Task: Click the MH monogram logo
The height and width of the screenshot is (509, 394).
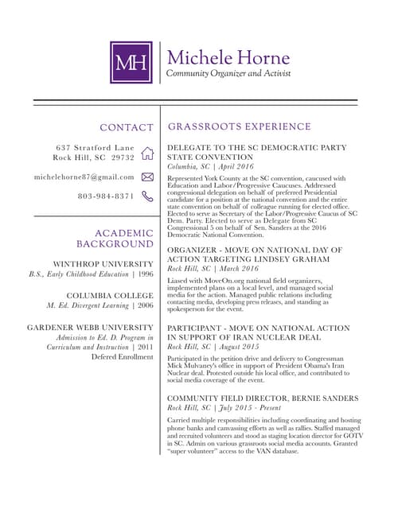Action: (x=131, y=63)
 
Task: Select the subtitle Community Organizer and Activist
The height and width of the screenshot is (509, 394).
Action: (x=222, y=74)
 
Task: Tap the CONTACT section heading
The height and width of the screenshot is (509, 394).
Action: (x=126, y=127)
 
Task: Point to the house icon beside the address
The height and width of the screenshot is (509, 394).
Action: (x=147, y=153)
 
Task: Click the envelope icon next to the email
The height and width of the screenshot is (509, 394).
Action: (x=147, y=177)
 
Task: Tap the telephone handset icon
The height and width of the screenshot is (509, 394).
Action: (x=147, y=196)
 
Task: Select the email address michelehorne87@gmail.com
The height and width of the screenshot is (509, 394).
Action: (x=84, y=177)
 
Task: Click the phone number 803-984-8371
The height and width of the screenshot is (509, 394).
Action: (x=106, y=196)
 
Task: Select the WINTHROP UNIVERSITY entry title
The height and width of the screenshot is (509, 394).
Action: (x=103, y=263)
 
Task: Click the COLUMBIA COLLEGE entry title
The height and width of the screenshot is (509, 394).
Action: (x=110, y=295)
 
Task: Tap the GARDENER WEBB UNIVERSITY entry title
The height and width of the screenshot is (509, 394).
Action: (x=90, y=327)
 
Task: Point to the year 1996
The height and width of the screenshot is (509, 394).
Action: (x=146, y=274)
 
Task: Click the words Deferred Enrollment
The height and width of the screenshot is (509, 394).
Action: (x=122, y=356)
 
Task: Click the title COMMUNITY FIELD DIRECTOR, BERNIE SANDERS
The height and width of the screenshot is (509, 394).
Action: (x=263, y=398)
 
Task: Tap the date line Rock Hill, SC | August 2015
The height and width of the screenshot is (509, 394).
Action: (x=213, y=348)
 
